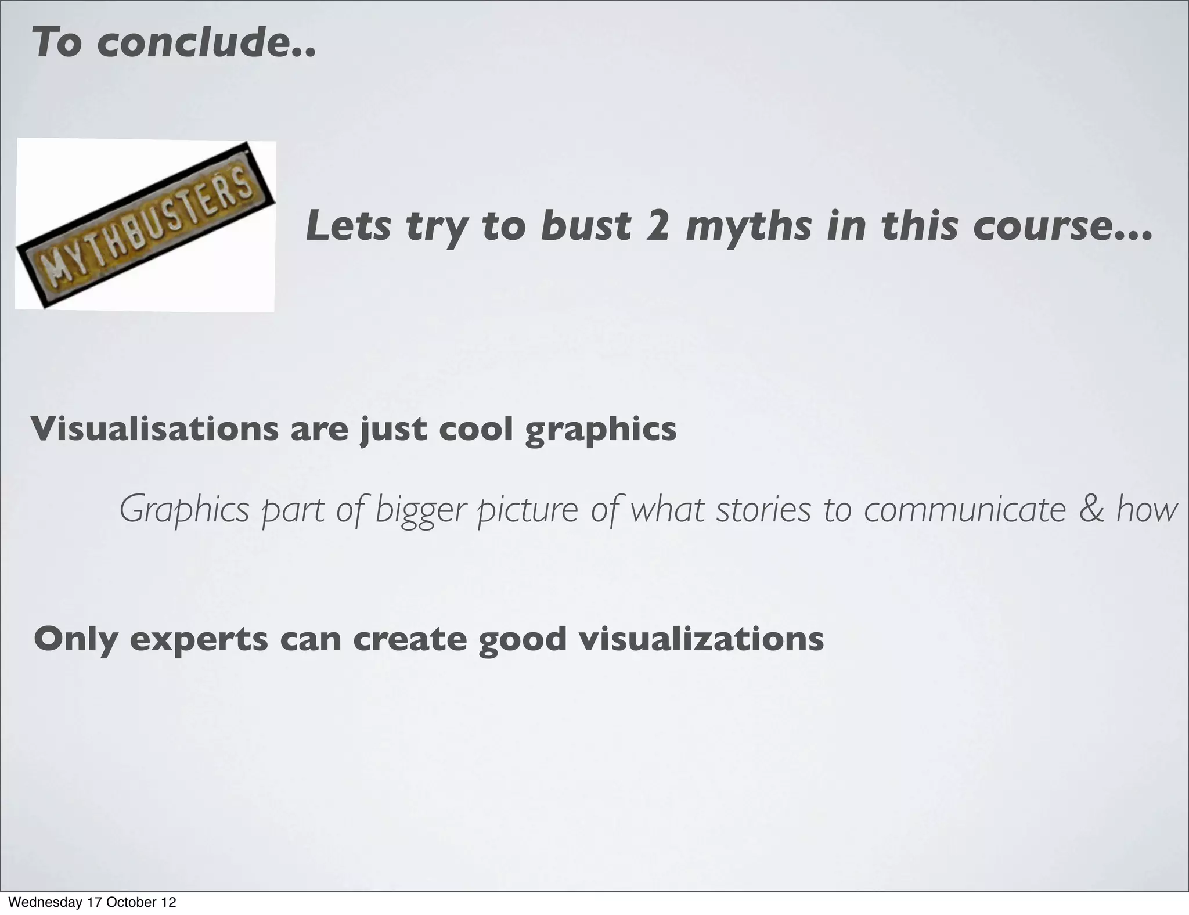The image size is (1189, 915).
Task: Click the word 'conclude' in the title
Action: [206, 43]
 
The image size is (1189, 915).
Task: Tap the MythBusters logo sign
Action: [145, 225]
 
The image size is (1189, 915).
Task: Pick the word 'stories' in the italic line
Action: [763, 510]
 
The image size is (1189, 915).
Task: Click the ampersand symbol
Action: [1091, 510]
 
